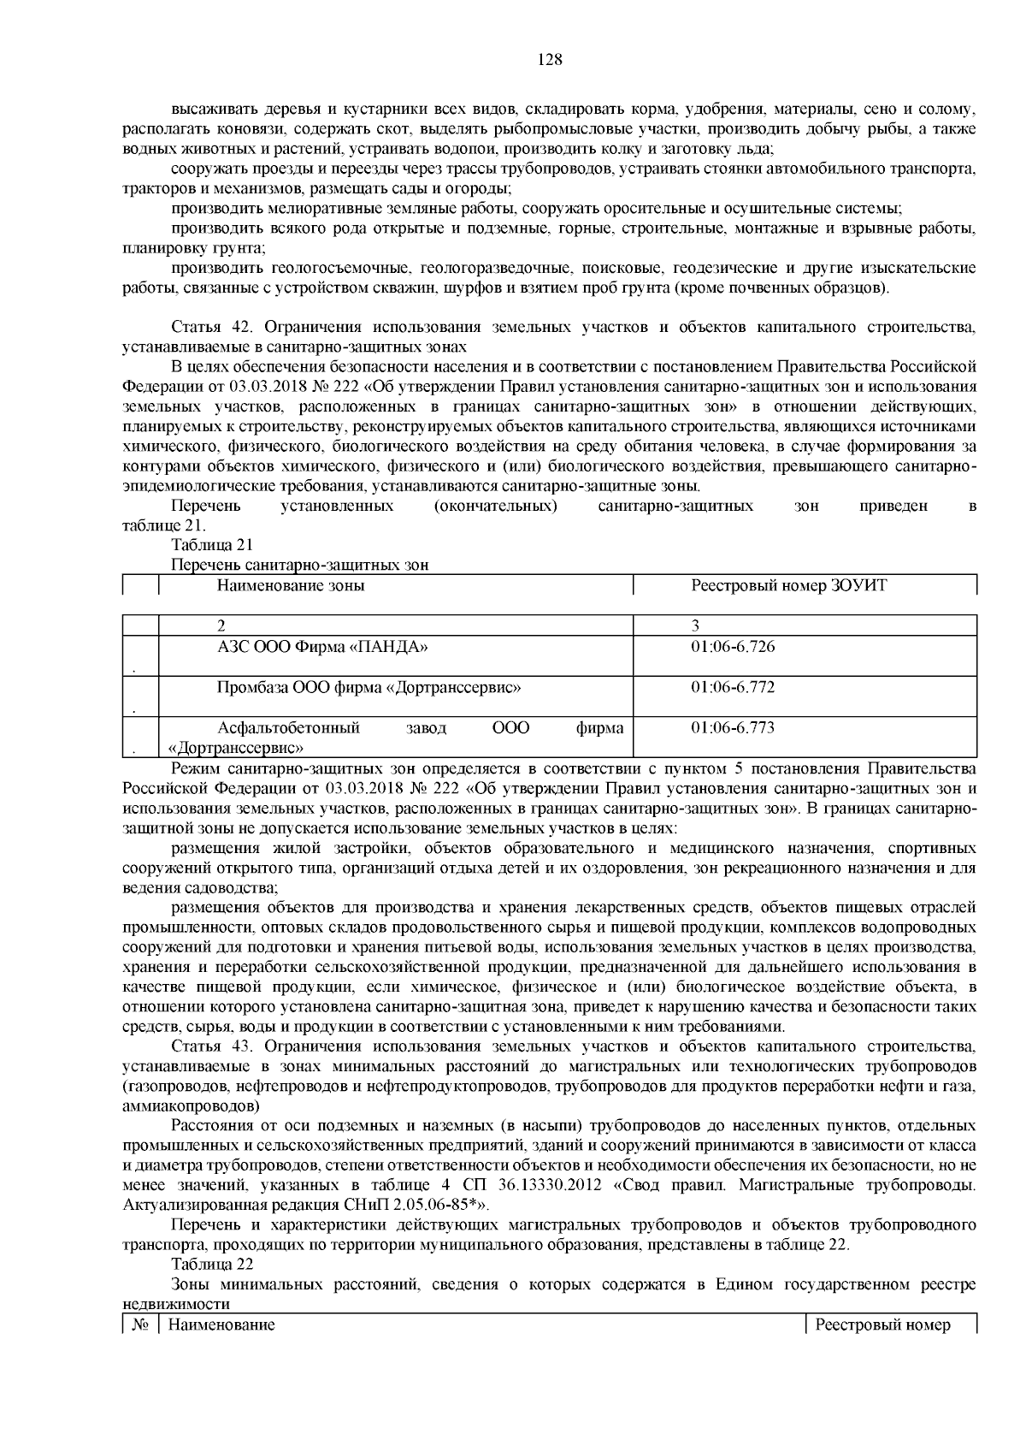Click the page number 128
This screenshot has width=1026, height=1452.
coord(549,59)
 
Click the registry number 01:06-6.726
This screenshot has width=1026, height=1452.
coord(732,647)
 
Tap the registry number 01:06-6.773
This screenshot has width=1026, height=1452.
coord(732,728)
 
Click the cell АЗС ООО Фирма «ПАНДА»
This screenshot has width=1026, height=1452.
coord(322,647)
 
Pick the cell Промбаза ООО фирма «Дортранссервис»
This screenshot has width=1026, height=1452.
coord(369,687)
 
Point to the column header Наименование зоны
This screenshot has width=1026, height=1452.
coord(291,586)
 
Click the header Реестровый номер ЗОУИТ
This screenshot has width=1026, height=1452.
coord(788,586)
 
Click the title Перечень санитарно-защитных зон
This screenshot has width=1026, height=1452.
coord(299,565)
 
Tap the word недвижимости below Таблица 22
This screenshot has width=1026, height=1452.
coord(176,1305)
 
